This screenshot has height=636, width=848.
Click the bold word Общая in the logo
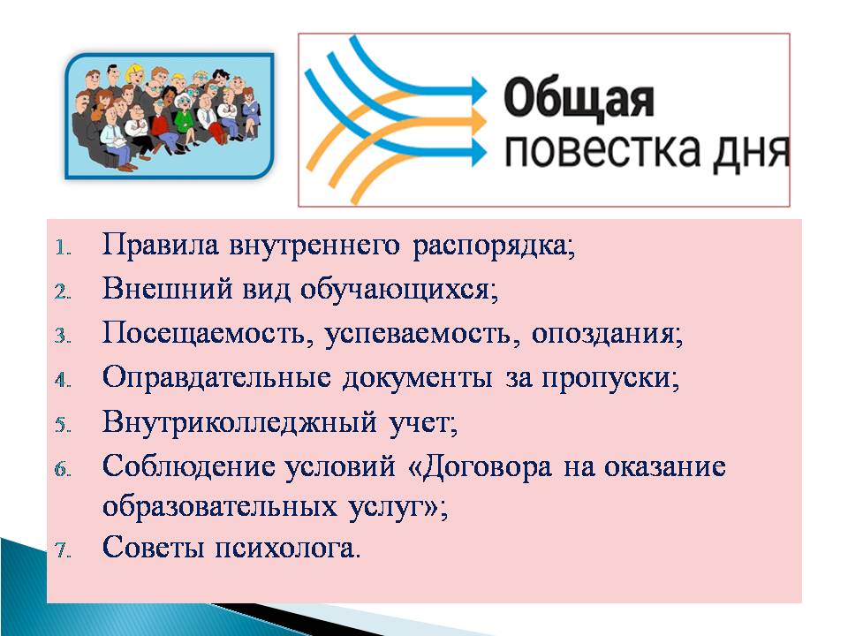click(579, 98)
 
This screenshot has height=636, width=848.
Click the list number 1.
click(63, 247)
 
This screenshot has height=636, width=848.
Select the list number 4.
click(63, 380)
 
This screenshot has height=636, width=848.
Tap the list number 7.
click(63, 550)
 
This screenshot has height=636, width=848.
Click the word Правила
click(160, 245)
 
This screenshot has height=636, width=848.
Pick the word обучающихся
click(398, 290)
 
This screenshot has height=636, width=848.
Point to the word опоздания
click(607, 334)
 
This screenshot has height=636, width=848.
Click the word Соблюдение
click(190, 466)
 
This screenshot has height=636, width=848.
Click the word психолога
click(288, 549)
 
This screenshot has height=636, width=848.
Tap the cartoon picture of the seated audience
click(170, 116)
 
